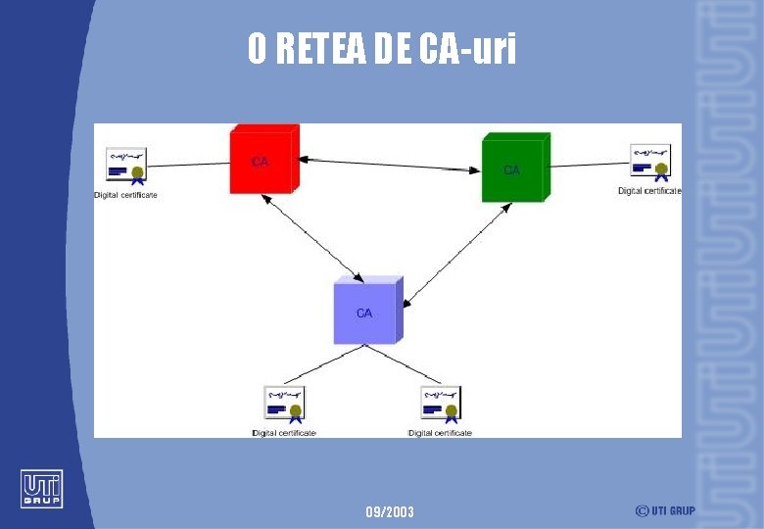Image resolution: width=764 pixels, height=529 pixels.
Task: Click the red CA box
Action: click(x=263, y=159)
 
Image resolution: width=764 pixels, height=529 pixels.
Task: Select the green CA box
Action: click(x=513, y=168)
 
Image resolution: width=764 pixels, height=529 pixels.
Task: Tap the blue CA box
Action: click(x=365, y=312)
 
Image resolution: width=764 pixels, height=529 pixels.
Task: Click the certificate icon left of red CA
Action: click(x=125, y=166)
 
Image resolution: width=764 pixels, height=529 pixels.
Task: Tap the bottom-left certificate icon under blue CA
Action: click(x=284, y=405)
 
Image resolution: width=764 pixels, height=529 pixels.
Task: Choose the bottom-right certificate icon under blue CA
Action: click(x=441, y=405)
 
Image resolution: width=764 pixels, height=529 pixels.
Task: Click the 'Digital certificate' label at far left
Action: click(x=125, y=195)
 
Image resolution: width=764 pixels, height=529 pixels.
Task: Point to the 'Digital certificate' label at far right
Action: click(x=649, y=191)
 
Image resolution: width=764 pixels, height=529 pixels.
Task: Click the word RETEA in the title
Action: click(x=321, y=48)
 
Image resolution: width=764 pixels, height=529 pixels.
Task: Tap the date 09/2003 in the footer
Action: click(x=390, y=511)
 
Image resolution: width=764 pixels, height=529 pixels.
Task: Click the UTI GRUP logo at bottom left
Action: click(x=41, y=489)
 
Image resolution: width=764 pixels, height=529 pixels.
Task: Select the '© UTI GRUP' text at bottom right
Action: click(x=665, y=510)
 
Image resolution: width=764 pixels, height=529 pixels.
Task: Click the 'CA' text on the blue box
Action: click(x=364, y=313)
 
